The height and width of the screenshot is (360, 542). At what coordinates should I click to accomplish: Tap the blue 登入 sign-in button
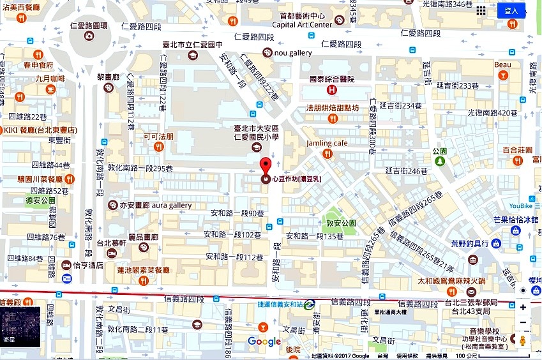tap(511, 11)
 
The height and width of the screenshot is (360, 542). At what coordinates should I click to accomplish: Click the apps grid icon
tap(481, 11)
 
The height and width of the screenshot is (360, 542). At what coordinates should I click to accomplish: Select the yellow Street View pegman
tap(523, 341)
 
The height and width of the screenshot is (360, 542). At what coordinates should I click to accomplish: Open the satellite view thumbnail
tap(20, 327)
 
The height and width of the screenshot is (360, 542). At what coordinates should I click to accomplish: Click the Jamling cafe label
tap(327, 143)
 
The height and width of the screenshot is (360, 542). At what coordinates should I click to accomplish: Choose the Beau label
tap(502, 64)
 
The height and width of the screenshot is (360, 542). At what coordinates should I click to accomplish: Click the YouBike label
tap(524, 206)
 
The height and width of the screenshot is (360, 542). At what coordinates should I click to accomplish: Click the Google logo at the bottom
tap(264, 342)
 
